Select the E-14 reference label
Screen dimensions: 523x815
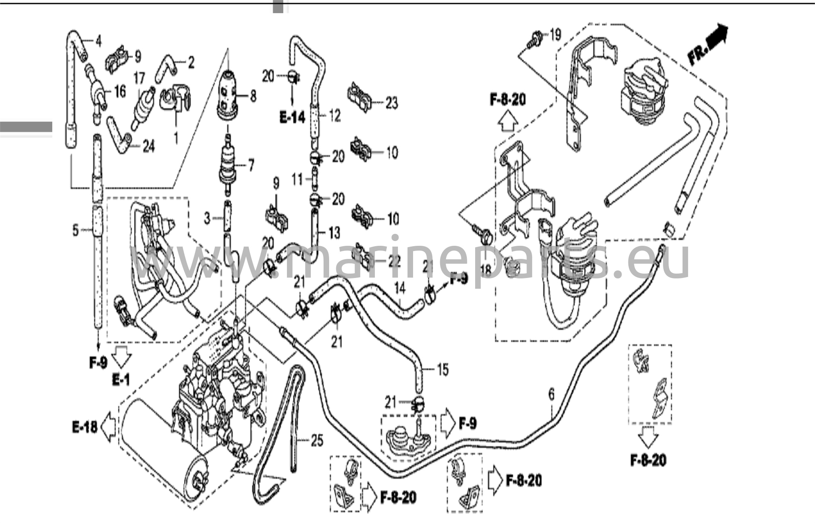292,117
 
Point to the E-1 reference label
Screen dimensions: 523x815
121,380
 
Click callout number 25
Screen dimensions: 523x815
317,440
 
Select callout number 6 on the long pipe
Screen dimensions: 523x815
551,395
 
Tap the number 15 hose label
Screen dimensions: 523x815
443,369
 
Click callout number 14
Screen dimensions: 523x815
400,288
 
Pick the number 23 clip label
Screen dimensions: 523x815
392,103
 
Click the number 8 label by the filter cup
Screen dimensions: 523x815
253,96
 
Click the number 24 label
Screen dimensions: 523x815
148,147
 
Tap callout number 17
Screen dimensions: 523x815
139,78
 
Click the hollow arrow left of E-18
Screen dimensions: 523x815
108,428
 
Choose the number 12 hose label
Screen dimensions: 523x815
335,116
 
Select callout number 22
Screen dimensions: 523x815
394,261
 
